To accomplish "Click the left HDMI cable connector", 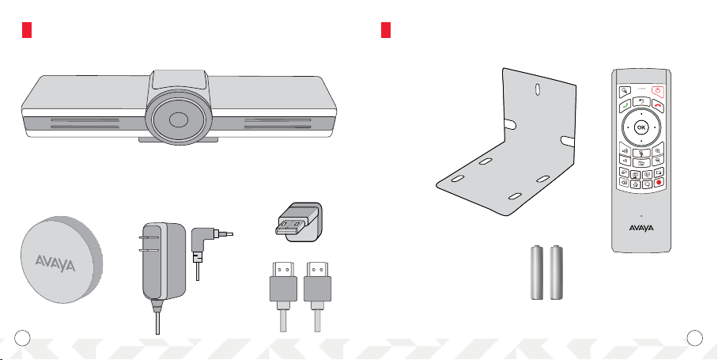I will tap(282, 284).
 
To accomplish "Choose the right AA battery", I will tap(557, 273).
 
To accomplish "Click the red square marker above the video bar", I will tap(26, 30).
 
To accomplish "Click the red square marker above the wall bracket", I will tap(386, 30).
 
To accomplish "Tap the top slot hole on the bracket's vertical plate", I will tap(538, 88).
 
